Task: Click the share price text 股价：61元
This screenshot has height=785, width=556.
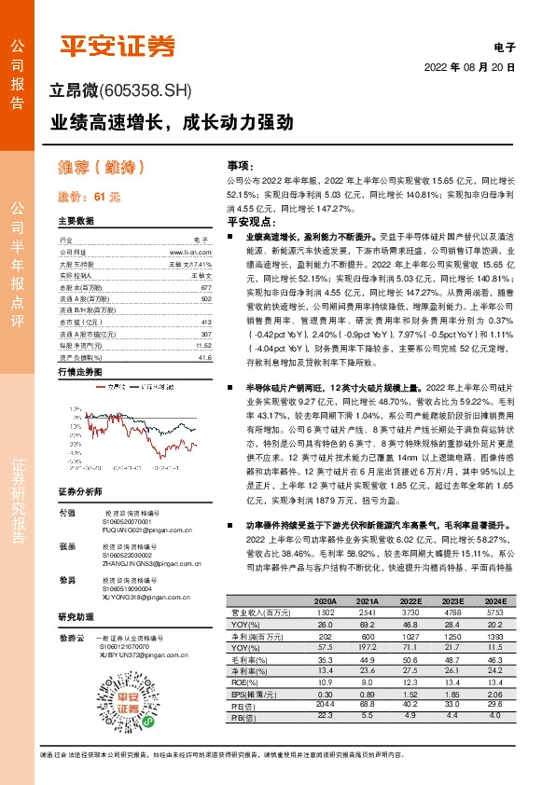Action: pyautogui.click(x=90, y=197)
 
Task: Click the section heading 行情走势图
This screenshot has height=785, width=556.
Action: pyautogui.click(x=79, y=371)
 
